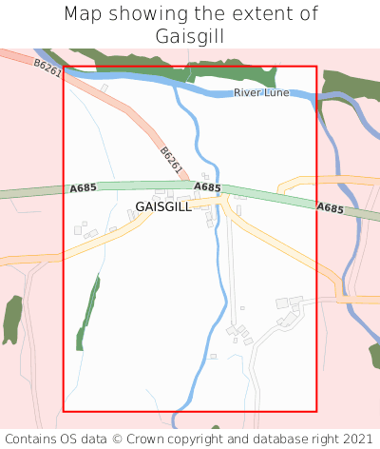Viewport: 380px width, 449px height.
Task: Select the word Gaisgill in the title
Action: pyautogui.click(x=190, y=36)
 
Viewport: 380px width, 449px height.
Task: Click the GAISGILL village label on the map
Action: pyautogui.click(x=163, y=205)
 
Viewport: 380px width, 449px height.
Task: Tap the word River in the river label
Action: pyautogui.click(x=247, y=93)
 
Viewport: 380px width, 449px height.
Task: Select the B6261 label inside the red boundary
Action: pyautogui.click(x=171, y=159)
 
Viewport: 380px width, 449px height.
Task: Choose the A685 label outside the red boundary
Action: pyautogui.click(x=330, y=207)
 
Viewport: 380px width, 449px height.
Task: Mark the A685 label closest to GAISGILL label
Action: pyautogui.click(x=207, y=188)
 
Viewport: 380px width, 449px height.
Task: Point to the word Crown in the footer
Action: pyautogui.click(x=150, y=439)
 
